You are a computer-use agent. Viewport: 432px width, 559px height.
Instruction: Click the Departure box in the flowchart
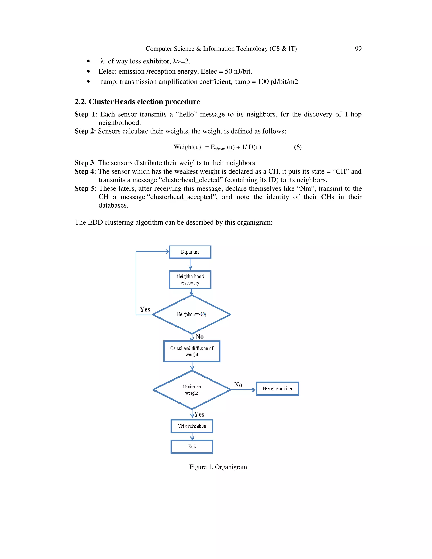pyautogui.click(x=190, y=252)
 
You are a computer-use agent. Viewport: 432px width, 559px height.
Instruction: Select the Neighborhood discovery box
pyautogui.click(x=190, y=279)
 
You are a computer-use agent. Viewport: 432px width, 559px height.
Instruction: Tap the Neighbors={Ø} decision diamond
pyautogui.click(x=192, y=314)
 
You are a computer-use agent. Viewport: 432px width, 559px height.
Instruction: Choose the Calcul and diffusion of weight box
pyautogui.click(x=192, y=351)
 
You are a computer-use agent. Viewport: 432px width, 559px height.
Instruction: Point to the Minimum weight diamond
pyautogui.click(x=192, y=390)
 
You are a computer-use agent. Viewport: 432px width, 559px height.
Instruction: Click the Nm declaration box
pyautogui.click(x=277, y=389)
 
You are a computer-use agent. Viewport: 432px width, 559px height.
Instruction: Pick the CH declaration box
pyautogui.click(x=192, y=426)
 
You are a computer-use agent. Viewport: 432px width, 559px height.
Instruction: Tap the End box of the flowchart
pyautogui.click(x=192, y=447)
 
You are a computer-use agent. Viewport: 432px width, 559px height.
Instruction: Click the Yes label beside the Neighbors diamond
pyautogui.click(x=145, y=309)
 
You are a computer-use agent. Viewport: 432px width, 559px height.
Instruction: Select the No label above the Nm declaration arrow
pyautogui.click(x=238, y=385)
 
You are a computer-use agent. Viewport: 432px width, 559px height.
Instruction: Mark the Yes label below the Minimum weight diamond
pyautogui.click(x=199, y=414)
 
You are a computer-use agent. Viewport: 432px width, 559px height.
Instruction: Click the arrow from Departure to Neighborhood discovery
pyautogui.click(x=190, y=264)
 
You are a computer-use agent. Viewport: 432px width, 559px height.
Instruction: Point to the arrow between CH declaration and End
pyautogui.click(x=192, y=436)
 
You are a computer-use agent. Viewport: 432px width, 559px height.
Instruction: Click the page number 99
pyautogui.click(x=358, y=49)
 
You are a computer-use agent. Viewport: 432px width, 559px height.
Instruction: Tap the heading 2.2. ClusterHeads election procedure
pyautogui.click(x=137, y=102)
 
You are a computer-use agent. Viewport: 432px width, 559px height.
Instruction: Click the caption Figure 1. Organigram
pyautogui.click(x=218, y=467)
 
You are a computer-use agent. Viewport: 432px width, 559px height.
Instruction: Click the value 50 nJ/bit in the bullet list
pyautogui.click(x=238, y=72)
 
